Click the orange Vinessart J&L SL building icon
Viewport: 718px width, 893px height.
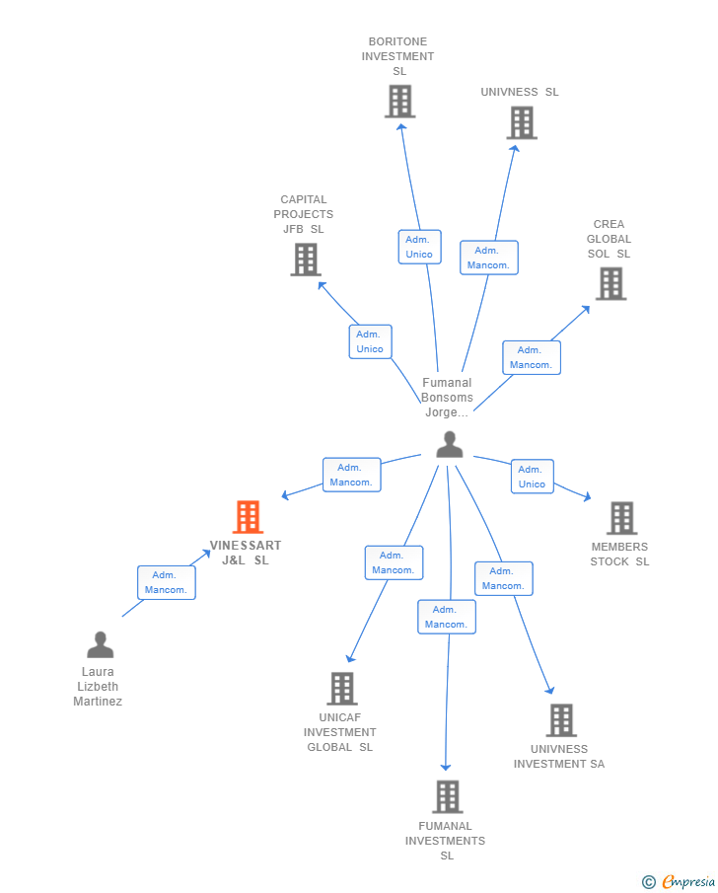(248, 517)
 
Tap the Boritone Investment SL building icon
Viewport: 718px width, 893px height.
(399, 102)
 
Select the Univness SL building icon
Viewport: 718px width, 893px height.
(522, 123)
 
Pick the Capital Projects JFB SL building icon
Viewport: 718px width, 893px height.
(306, 260)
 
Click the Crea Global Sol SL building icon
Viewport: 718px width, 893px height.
(610, 284)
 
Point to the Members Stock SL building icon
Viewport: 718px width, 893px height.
(621, 518)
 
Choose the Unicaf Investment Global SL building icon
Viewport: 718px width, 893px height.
(341, 689)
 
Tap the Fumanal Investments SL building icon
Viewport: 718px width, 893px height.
(447, 797)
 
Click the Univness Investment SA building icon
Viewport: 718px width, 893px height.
(561, 720)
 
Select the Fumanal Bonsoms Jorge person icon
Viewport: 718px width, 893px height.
(450, 445)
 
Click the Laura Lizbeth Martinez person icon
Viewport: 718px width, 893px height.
(100, 645)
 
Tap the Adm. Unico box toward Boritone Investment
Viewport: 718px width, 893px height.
(419, 247)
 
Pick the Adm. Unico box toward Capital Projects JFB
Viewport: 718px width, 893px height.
(370, 341)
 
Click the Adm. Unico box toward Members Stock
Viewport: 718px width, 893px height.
(532, 477)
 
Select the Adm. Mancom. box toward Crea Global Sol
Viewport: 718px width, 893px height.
(531, 357)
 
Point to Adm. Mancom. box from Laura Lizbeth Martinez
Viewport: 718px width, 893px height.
(167, 582)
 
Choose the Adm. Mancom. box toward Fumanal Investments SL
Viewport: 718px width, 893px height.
(447, 617)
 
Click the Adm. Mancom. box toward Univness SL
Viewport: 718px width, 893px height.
(488, 258)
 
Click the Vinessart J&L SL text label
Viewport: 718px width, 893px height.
(245, 553)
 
